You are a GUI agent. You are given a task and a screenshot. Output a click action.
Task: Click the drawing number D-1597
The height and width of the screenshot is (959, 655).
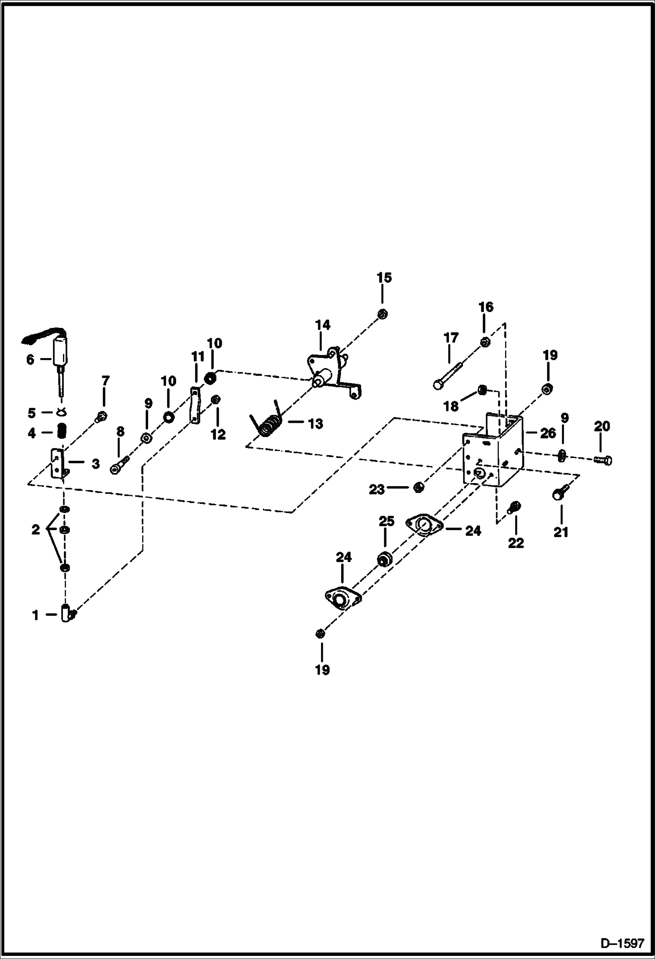[x=622, y=943]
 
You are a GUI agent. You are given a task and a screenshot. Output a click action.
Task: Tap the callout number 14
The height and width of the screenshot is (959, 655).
[x=323, y=325]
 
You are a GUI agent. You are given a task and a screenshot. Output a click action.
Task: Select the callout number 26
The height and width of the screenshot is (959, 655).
[x=548, y=433]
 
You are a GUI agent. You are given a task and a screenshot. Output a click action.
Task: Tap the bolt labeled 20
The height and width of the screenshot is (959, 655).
[x=603, y=459]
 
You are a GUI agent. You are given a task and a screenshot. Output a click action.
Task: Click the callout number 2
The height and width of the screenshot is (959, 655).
[x=36, y=530]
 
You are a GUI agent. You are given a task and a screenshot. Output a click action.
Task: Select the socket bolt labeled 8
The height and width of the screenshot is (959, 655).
[x=119, y=466]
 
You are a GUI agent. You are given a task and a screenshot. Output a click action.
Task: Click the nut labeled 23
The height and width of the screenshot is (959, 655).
[x=418, y=486]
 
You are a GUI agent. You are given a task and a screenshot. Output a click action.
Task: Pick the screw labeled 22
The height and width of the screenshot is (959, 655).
[x=514, y=507]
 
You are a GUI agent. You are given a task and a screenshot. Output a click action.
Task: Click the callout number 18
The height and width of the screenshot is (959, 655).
[x=451, y=406]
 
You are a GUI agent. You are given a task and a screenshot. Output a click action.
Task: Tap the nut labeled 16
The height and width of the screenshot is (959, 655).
[x=484, y=342]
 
